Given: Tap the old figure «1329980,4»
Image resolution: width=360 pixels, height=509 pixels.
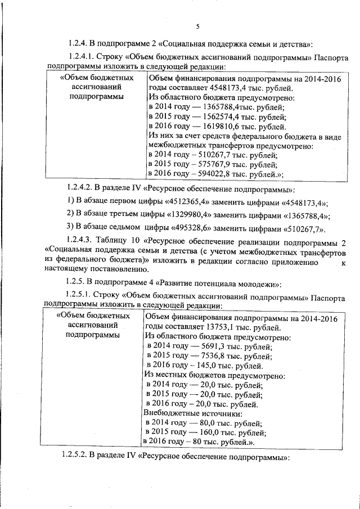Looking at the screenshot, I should click(x=175, y=216).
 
